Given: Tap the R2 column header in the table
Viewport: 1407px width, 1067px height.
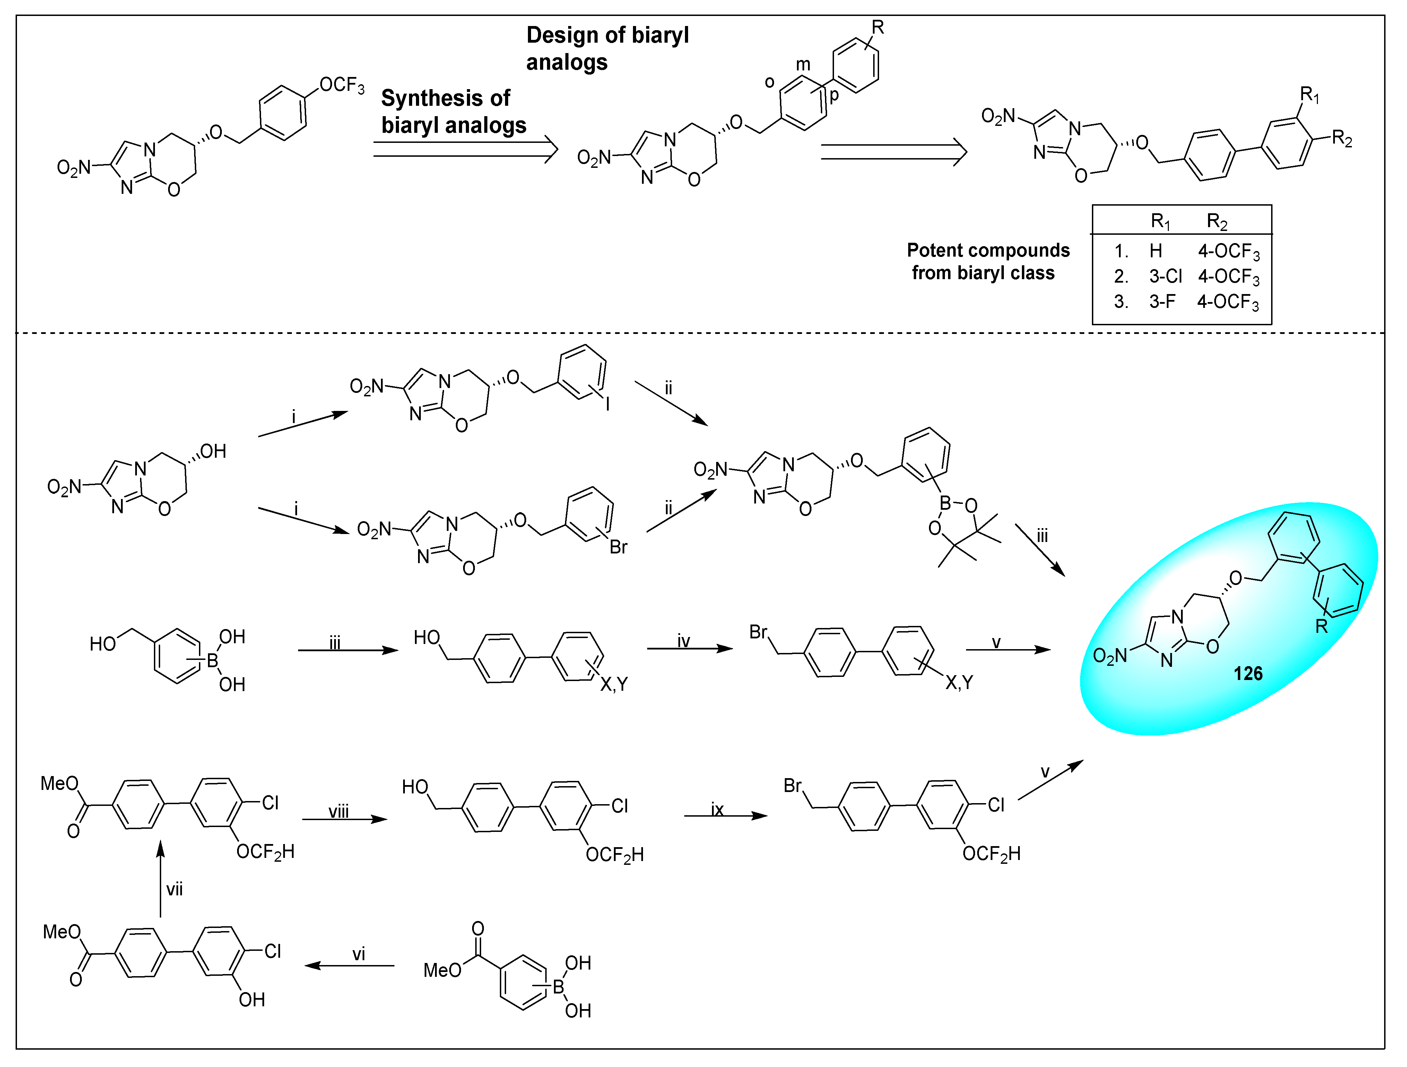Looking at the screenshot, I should tap(1216, 222).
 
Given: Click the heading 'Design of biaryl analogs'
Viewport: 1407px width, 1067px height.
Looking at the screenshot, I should tap(607, 48).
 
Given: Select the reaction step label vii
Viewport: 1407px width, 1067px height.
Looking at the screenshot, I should tap(174, 889).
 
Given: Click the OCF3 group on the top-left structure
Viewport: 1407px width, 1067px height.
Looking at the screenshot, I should tap(341, 85).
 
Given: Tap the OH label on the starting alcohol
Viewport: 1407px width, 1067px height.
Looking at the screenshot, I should tap(213, 452).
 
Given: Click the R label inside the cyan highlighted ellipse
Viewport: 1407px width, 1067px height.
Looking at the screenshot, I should tap(1321, 627).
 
